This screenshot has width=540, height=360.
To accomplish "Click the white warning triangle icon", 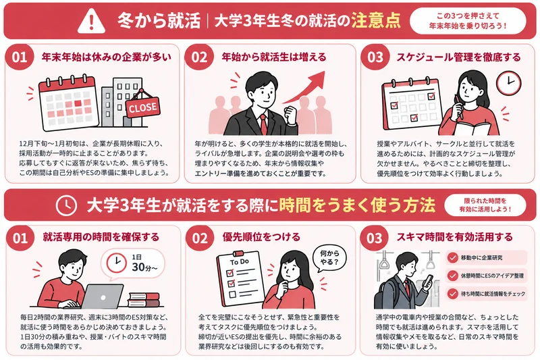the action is pos(91,21).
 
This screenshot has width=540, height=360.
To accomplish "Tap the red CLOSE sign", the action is pos(142,107).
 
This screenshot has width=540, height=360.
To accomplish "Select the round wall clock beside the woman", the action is pos(508,82).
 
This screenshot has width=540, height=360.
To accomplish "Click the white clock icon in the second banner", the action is pos(66,205).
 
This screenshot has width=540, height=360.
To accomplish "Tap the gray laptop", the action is pos(102,297).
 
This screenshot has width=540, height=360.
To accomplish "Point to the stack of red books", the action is pos(144,299).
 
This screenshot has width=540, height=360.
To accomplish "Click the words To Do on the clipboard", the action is pos(240,261).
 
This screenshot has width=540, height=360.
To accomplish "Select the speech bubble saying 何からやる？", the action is pos(329,258).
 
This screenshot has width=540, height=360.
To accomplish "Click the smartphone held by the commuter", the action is pos(429,280).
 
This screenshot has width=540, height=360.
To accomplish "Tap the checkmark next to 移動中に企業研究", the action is pos(452,257).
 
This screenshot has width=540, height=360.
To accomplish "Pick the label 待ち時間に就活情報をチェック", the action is pos(493,294).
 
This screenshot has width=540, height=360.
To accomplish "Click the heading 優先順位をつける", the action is pos(261,237).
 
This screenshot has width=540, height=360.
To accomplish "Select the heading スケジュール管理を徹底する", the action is pos(458,57).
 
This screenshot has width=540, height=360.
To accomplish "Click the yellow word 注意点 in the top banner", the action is pos(376,21).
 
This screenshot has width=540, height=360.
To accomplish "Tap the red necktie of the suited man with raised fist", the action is pos(263,124).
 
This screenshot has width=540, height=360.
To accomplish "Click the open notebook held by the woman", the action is pos(472,128).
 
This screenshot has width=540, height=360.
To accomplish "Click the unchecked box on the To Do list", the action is pos(232,294).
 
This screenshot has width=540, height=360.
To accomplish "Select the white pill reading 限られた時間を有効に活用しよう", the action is pos(485,205).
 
